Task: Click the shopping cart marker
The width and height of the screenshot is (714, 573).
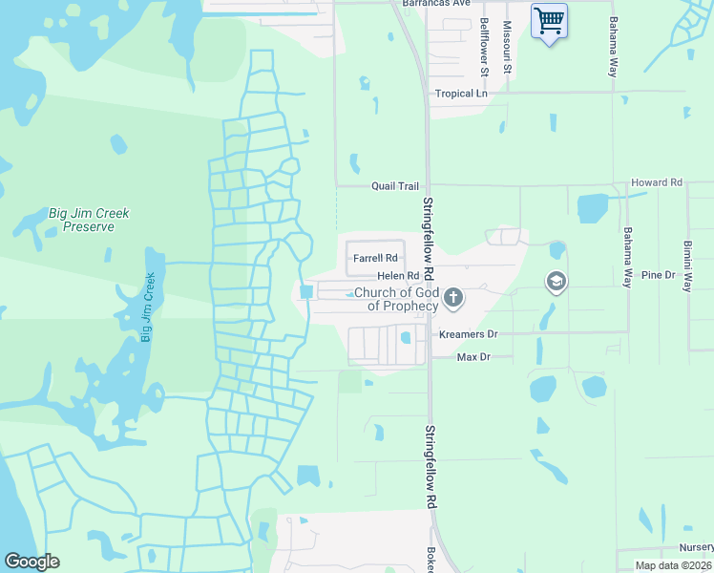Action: [549, 21]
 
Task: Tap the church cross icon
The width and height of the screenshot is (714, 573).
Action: [453, 299]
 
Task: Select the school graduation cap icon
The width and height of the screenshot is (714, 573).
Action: [556, 282]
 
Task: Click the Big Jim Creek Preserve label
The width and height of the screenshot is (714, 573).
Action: [89, 220]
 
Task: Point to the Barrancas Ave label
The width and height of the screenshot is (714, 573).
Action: [436, 4]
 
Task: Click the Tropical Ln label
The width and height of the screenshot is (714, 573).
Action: [461, 94]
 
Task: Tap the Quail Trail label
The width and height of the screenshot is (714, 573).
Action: [395, 186]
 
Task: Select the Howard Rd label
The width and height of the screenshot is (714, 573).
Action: [657, 182]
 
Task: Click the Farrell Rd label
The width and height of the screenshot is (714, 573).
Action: [375, 258]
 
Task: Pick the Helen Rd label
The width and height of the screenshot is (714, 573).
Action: [398, 276]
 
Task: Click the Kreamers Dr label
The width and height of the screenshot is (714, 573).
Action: [469, 334]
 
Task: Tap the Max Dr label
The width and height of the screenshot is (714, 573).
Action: [472, 356]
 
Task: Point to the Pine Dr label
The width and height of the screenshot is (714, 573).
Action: [658, 275]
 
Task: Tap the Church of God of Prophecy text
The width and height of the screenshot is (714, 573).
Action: [395, 299]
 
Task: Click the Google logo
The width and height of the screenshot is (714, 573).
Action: [31, 562]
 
